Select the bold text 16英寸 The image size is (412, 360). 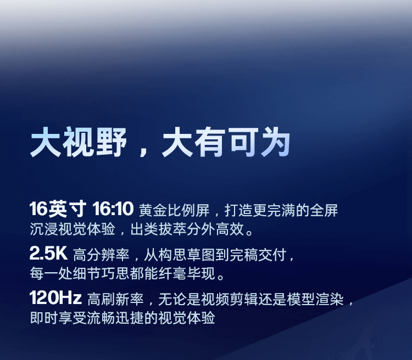[x=58, y=209]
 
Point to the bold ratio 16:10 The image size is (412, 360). [x=113, y=209]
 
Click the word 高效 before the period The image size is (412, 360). [x=229, y=228]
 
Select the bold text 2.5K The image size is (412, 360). [x=47, y=254]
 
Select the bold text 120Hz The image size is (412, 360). [x=55, y=299]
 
